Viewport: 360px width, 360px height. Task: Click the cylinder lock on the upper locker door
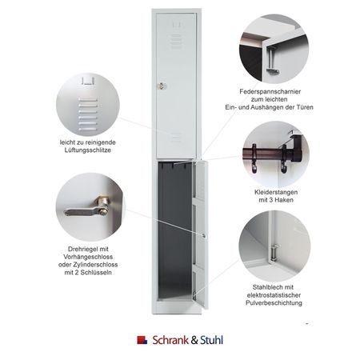(x=162, y=86)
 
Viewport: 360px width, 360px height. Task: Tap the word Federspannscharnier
(x=270, y=91)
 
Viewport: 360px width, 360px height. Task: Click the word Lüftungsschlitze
(x=88, y=150)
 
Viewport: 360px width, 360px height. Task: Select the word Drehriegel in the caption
(x=80, y=249)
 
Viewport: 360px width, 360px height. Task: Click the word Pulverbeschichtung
(x=274, y=303)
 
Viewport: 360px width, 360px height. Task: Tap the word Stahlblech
(x=266, y=287)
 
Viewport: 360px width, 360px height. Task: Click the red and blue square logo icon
(x=142, y=340)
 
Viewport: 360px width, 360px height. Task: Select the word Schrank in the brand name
(x=170, y=340)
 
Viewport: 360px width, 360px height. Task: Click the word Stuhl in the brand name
(x=211, y=340)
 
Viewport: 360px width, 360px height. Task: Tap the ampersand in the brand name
(x=194, y=341)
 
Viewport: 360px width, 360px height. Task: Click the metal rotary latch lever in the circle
(x=86, y=209)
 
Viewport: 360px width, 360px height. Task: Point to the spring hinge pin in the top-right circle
(x=272, y=60)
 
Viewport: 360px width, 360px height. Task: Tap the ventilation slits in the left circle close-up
(x=88, y=114)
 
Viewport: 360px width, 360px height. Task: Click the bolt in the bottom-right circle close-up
(x=274, y=251)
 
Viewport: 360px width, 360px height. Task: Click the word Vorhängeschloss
(x=88, y=257)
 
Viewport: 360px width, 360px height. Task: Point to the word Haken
(x=285, y=200)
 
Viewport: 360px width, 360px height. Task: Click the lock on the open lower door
(x=204, y=236)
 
